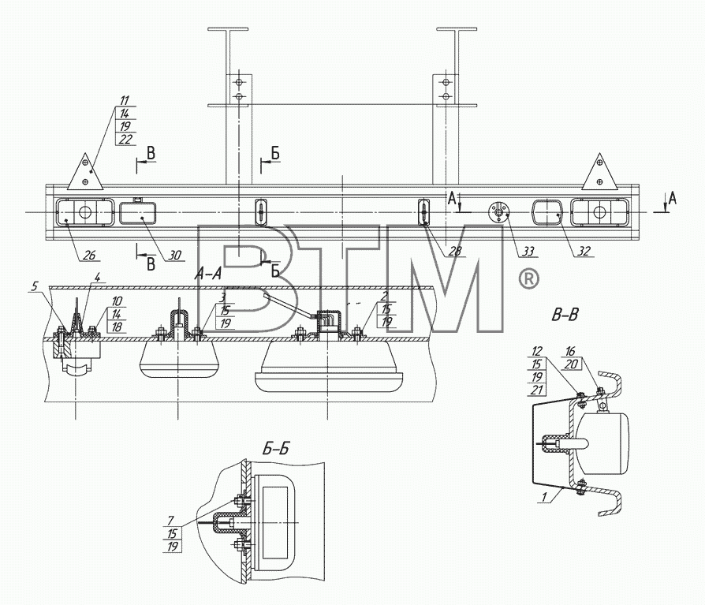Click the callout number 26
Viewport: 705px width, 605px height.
[89, 255]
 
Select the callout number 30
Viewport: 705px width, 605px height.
[174, 256]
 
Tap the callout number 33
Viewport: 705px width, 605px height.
[528, 251]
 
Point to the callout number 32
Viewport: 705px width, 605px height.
[583, 251]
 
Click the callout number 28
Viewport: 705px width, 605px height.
[455, 251]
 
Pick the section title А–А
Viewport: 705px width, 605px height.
[208, 273]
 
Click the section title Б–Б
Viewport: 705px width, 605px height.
[276, 449]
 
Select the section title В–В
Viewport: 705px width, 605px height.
[565, 316]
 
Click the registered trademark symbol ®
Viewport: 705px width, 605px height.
[528, 279]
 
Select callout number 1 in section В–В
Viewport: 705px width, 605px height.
[544, 497]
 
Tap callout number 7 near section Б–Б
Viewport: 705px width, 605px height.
[170, 521]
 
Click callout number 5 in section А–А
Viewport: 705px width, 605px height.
[35, 286]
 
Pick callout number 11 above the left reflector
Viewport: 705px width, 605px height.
[125, 100]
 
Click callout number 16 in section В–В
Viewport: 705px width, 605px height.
[570, 351]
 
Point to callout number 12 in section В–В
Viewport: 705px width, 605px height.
[537, 351]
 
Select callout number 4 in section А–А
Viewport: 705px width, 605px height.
[98, 275]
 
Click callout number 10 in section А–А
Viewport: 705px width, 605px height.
[117, 301]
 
